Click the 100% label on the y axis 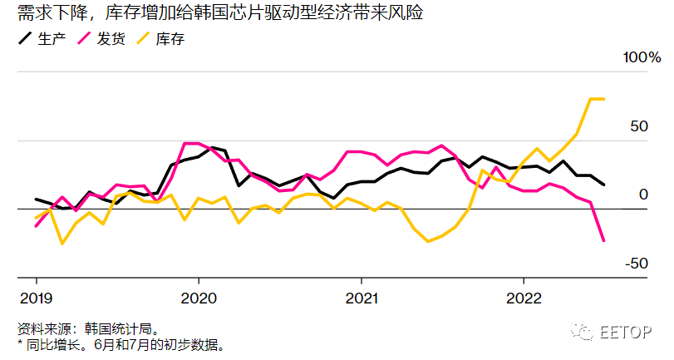click(642, 58)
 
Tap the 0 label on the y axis click(642, 195)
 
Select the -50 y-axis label click(636, 264)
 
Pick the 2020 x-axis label click(198, 298)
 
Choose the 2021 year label click(361, 298)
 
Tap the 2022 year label click(524, 298)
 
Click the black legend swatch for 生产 click(25, 38)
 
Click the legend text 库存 click(170, 38)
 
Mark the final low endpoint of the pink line click(603, 241)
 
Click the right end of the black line click(603, 185)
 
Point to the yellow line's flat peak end click(603, 99)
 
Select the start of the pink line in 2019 click(36, 225)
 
